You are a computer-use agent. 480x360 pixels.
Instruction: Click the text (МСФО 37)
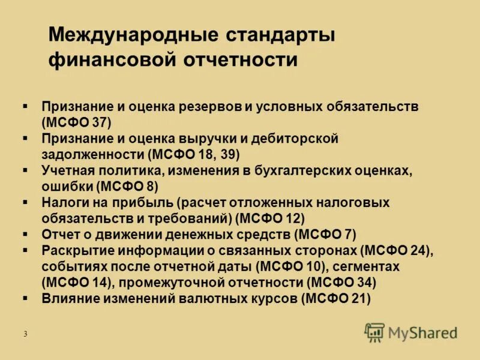click(77, 122)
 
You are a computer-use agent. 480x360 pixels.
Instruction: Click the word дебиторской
click(296, 139)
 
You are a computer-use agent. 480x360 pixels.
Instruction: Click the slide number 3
click(26, 334)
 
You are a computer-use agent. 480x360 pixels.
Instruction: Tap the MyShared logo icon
click(375, 332)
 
